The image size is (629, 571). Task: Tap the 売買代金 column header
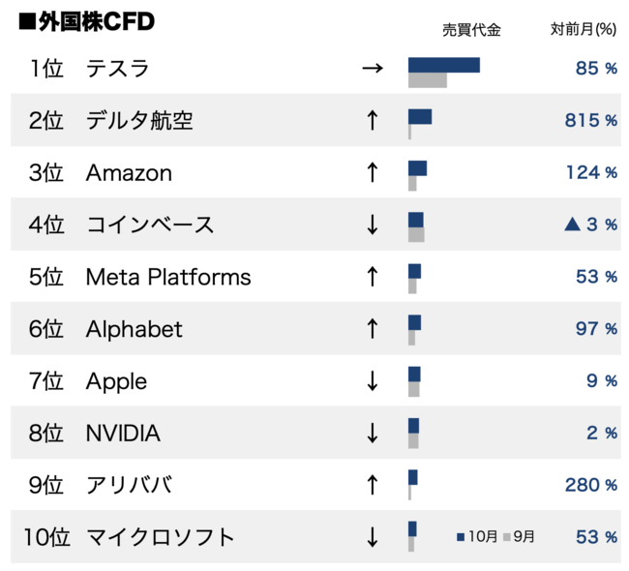471,30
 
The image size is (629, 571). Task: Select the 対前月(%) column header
583,30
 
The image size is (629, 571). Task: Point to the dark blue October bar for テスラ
444,65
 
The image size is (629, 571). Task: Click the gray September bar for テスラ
428,80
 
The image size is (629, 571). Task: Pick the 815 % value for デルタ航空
590,121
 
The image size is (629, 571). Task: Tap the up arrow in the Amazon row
372,173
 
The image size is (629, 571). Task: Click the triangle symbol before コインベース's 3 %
573,225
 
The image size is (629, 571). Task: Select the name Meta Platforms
168,278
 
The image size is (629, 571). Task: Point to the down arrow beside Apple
372,381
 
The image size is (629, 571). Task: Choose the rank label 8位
46,433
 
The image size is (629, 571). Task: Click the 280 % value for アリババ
590,485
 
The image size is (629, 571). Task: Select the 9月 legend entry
520,536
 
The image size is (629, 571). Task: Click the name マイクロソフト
161,537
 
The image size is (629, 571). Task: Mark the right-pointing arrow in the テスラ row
372,69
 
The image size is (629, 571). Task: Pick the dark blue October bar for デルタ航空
420,117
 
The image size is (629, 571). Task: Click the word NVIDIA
123,433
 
